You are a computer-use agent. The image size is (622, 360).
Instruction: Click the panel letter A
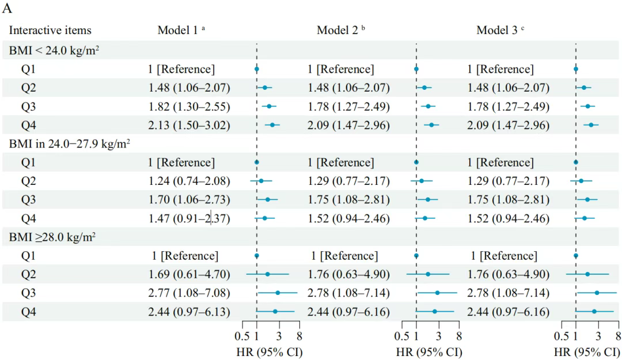pyautogui.click(x=7, y=9)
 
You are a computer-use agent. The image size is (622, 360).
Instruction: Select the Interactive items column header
pyautogui.click(x=50, y=31)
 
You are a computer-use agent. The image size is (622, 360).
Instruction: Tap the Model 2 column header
pyautogui.click(x=341, y=31)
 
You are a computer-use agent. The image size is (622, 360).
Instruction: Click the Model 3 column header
pyautogui.click(x=500, y=31)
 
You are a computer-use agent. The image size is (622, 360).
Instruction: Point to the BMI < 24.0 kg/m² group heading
pyautogui.click(x=54, y=50)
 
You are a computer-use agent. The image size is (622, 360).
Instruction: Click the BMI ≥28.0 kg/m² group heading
pyautogui.click(x=52, y=237)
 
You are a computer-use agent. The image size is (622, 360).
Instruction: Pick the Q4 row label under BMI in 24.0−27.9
pyautogui.click(x=28, y=218)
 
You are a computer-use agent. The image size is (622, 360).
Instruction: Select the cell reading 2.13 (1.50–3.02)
pyautogui.click(x=188, y=125)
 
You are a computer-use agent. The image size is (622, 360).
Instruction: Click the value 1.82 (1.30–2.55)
pyautogui.click(x=188, y=107)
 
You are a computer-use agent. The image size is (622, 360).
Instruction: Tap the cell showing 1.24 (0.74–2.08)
pyautogui.click(x=188, y=181)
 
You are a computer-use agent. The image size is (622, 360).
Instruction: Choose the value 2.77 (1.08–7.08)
pyautogui.click(x=188, y=293)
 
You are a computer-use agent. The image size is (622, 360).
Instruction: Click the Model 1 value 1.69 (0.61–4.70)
pyautogui.click(x=188, y=274)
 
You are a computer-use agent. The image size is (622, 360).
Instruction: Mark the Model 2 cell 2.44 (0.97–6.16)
pyautogui.click(x=348, y=312)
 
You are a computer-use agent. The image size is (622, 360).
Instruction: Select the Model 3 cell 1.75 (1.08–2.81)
pyautogui.click(x=507, y=200)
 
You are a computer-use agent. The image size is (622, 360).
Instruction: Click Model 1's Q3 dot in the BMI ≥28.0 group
pyautogui.click(x=278, y=293)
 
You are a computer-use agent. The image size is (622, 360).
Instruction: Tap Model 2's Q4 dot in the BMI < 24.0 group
pyautogui.click(x=431, y=125)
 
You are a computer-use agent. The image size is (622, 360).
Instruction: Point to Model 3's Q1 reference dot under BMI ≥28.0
pyautogui.click(x=576, y=255)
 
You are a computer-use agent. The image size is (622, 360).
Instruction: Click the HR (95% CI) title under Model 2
pyautogui.click(x=429, y=351)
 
